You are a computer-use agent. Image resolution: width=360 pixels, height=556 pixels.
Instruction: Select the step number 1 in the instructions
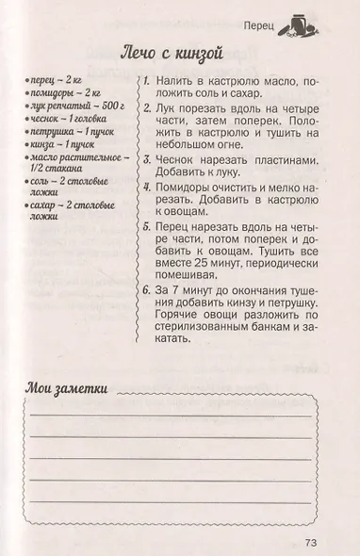click(148, 85)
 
